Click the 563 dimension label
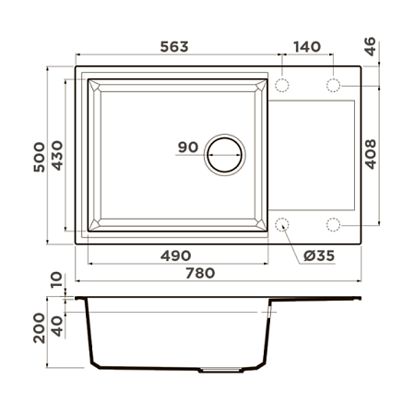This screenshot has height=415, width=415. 174,47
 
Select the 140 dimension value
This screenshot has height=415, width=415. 307,47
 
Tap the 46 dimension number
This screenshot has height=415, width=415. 371,46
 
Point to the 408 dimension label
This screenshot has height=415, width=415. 371,154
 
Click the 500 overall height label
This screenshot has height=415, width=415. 40,157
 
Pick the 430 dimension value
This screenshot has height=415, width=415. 57,155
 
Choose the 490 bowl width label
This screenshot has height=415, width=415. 175,255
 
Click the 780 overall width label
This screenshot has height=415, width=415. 200,273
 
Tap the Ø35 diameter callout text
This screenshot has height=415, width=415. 319,255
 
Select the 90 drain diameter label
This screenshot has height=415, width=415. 188,147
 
